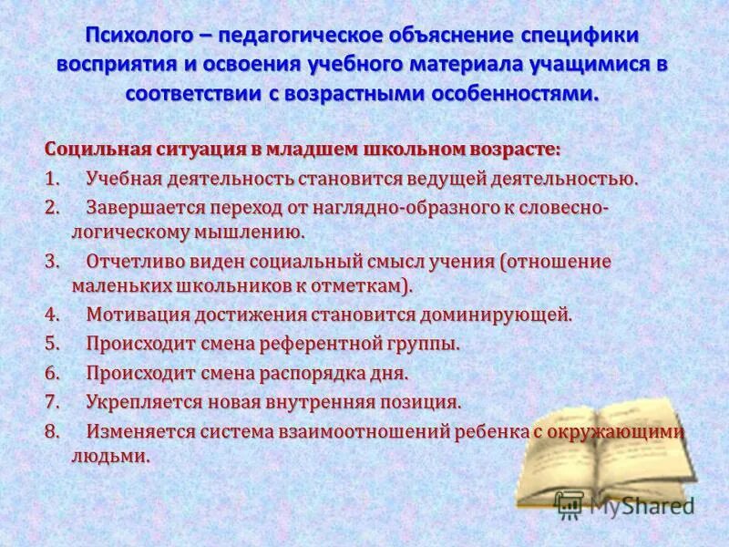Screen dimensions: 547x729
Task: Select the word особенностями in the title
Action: [512, 94]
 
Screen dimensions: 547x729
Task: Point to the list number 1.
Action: [51, 178]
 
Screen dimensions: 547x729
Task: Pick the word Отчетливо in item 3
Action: [135, 262]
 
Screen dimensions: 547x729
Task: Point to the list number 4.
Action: [52, 315]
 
